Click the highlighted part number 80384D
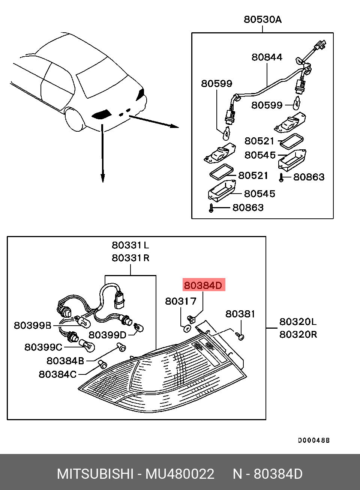[203, 286]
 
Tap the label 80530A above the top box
[262, 20]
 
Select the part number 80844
[267, 57]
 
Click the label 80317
[181, 301]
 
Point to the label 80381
[240, 314]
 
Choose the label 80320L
[298, 322]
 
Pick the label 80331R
[130, 258]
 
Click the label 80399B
[32, 325]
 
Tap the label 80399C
[43, 347]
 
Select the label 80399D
[107, 335]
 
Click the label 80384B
[65, 361]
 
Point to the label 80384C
[57, 374]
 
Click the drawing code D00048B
[313, 440]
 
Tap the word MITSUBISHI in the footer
[95, 474]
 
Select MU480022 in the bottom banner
[180, 474]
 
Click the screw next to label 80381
[241, 337]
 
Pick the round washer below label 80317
[186, 329]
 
